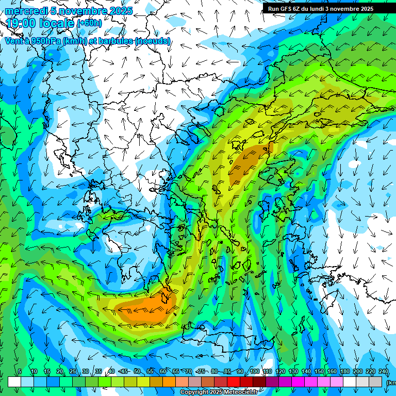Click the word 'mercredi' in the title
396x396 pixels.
click(x=25, y=11)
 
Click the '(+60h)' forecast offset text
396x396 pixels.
click(x=89, y=23)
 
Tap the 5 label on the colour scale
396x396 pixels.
click(x=20, y=372)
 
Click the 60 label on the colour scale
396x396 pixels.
click(x=163, y=372)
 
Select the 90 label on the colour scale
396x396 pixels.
click(x=240, y=372)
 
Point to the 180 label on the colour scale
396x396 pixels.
click(x=344, y=372)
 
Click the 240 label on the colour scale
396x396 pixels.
click(x=383, y=372)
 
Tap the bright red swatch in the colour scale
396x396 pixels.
click(x=234, y=382)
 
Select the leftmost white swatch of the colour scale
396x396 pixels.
click(x=14, y=382)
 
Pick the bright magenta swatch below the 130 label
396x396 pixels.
click(x=298, y=382)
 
